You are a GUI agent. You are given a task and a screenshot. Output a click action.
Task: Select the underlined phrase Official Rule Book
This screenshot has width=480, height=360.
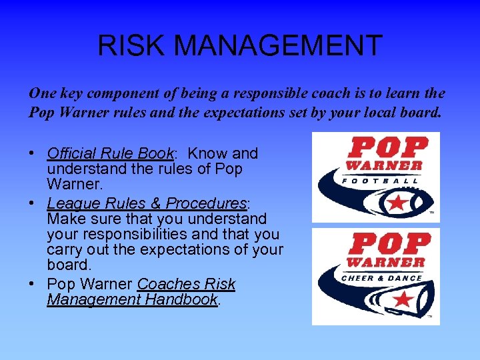tap(110, 153)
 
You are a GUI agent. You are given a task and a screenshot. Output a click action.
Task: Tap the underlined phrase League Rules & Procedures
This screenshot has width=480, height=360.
tap(147, 203)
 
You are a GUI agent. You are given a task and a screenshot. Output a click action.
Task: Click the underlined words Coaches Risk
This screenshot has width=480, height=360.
tap(186, 284)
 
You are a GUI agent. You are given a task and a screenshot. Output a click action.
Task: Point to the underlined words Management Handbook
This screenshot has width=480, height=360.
tap(132, 300)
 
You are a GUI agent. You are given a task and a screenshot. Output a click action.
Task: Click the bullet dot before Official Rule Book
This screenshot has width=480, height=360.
tap(32, 154)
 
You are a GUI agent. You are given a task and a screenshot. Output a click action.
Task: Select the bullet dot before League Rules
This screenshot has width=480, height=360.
tap(32, 203)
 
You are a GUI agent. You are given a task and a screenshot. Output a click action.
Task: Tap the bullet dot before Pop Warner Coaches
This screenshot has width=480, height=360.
tap(32, 285)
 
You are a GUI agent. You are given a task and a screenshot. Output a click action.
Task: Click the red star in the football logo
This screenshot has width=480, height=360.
tap(397, 202)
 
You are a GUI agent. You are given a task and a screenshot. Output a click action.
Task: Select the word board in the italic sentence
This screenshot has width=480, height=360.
tap(421, 113)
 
